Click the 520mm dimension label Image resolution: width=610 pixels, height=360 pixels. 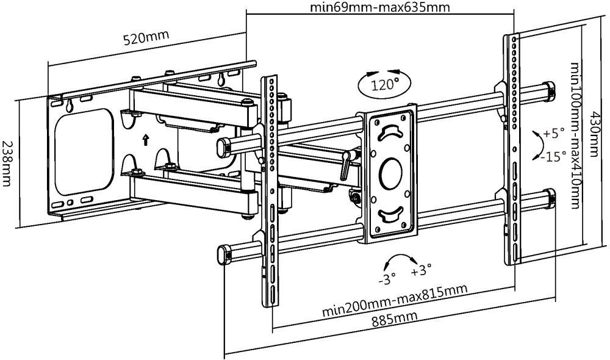point(146,38)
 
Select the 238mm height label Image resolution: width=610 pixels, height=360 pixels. point(7,164)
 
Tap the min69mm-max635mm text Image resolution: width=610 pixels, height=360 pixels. point(379,7)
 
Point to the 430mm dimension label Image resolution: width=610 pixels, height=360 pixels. point(594,134)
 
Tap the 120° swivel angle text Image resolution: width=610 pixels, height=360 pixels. point(384,84)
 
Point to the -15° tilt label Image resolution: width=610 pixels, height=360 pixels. point(553,157)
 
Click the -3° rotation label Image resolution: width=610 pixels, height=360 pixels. point(387,279)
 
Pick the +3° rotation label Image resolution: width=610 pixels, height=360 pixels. point(421,270)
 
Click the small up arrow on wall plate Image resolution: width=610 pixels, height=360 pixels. point(146,140)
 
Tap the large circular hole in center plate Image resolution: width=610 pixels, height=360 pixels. point(390,173)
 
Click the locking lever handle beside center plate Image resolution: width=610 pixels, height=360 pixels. point(346,165)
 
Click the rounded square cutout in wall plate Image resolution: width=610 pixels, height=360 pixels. point(84,152)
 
